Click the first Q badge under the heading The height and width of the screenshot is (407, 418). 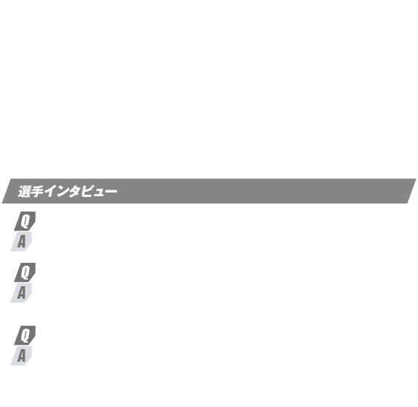pyautogui.click(x=25, y=221)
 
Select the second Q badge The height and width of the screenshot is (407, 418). pyautogui.click(x=25, y=272)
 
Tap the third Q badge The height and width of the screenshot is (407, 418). pyautogui.click(x=25, y=335)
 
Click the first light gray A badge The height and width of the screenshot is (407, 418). pyautogui.click(x=21, y=242)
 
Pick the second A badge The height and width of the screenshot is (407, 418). pyautogui.click(x=21, y=293)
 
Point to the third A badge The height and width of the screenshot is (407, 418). pyautogui.click(x=21, y=356)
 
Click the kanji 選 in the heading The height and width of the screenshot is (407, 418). pyautogui.click(x=24, y=192)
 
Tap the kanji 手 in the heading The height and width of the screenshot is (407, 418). pyautogui.click(x=37, y=192)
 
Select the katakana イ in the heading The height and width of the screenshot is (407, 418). pyautogui.click(x=50, y=192)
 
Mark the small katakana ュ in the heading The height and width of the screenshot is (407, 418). pyautogui.click(x=99, y=193)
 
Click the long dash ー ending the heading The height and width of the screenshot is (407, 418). pyautogui.click(x=110, y=192)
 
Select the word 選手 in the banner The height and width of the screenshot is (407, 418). pyautogui.click(x=31, y=192)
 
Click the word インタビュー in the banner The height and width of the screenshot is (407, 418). pyautogui.click(x=81, y=192)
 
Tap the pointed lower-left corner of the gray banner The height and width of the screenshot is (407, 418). pyautogui.click(x=2, y=203)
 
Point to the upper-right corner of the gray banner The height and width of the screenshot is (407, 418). pyautogui.click(x=416, y=179)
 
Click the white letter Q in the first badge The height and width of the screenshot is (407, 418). pyautogui.click(x=25, y=221)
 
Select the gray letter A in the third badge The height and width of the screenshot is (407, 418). pyautogui.click(x=21, y=356)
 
